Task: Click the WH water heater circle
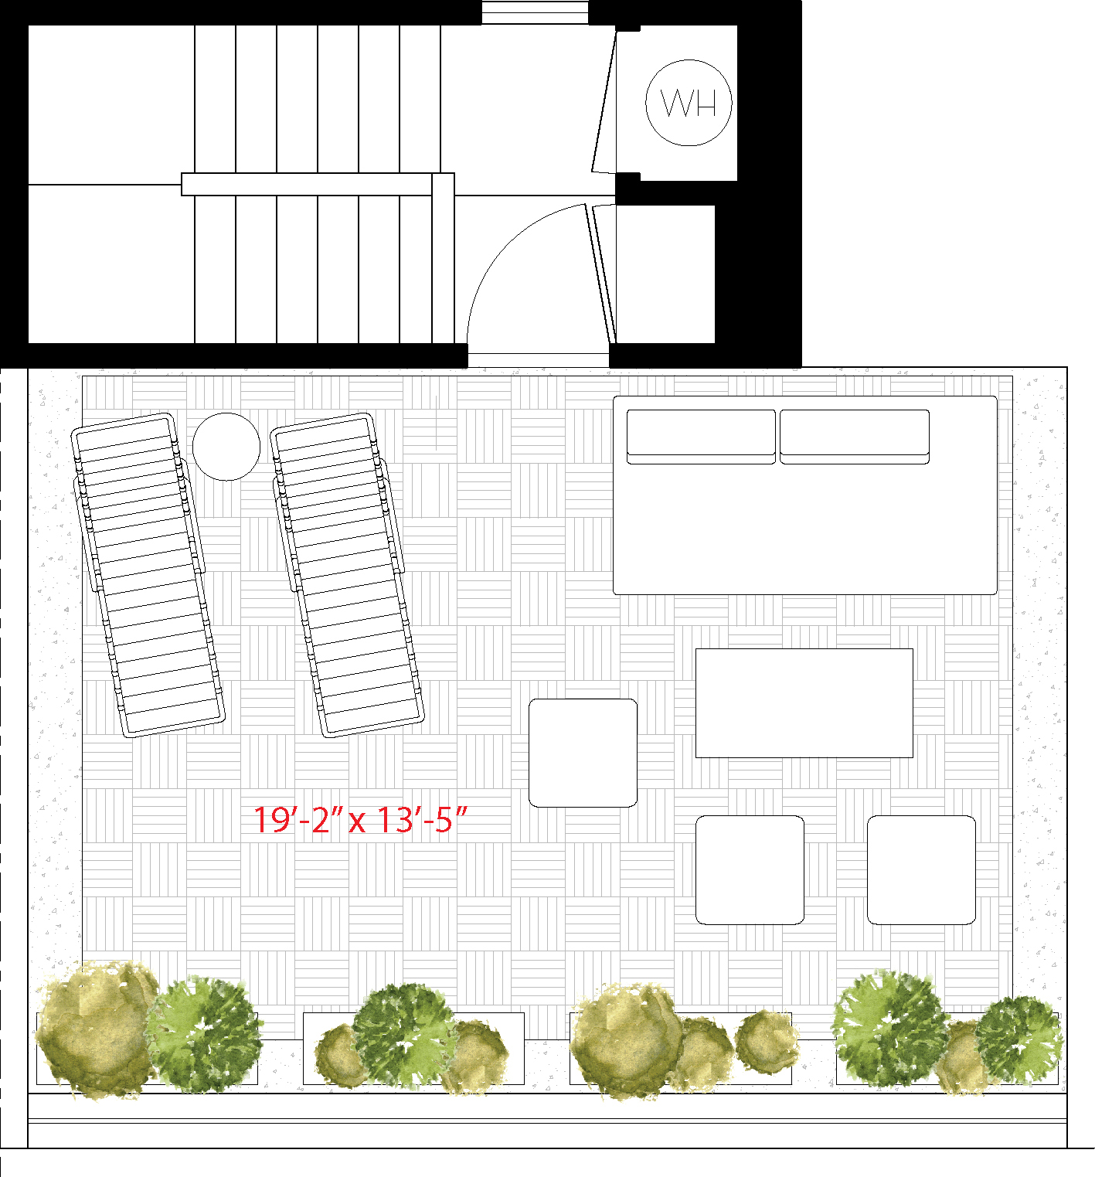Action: (689, 103)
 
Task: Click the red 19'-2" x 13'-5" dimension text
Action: (361, 819)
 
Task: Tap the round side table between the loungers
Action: (226, 446)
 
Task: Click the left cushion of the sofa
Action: (701, 437)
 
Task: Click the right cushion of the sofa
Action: (855, 437)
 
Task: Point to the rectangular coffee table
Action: (804, 703)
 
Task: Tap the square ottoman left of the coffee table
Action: (583, 753)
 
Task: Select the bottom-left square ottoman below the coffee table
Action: (750, 869)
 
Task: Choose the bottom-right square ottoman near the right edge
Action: (921, 869)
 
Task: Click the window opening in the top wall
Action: (535, 13)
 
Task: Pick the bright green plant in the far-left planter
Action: (204, 1033)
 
